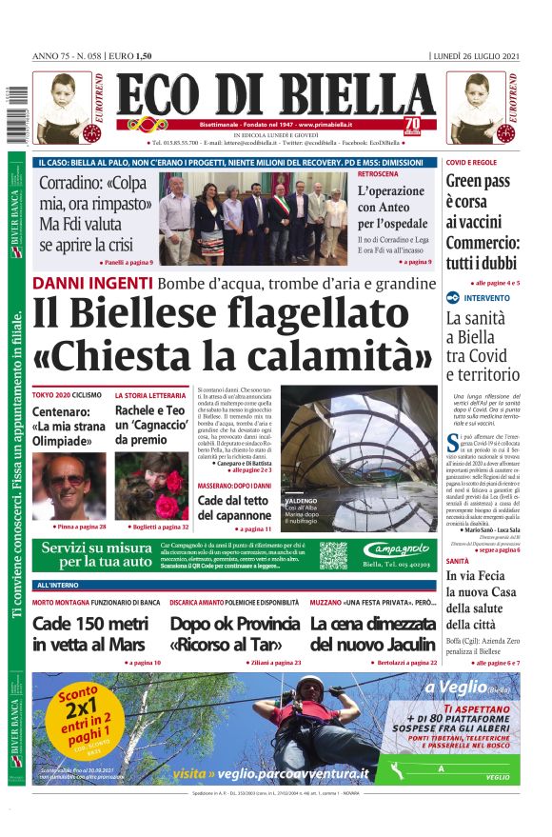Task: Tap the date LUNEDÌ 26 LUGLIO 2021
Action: [x=477, y=56]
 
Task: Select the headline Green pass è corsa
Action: [x=483, y=201]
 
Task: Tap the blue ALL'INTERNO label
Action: [x=58, y=585]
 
